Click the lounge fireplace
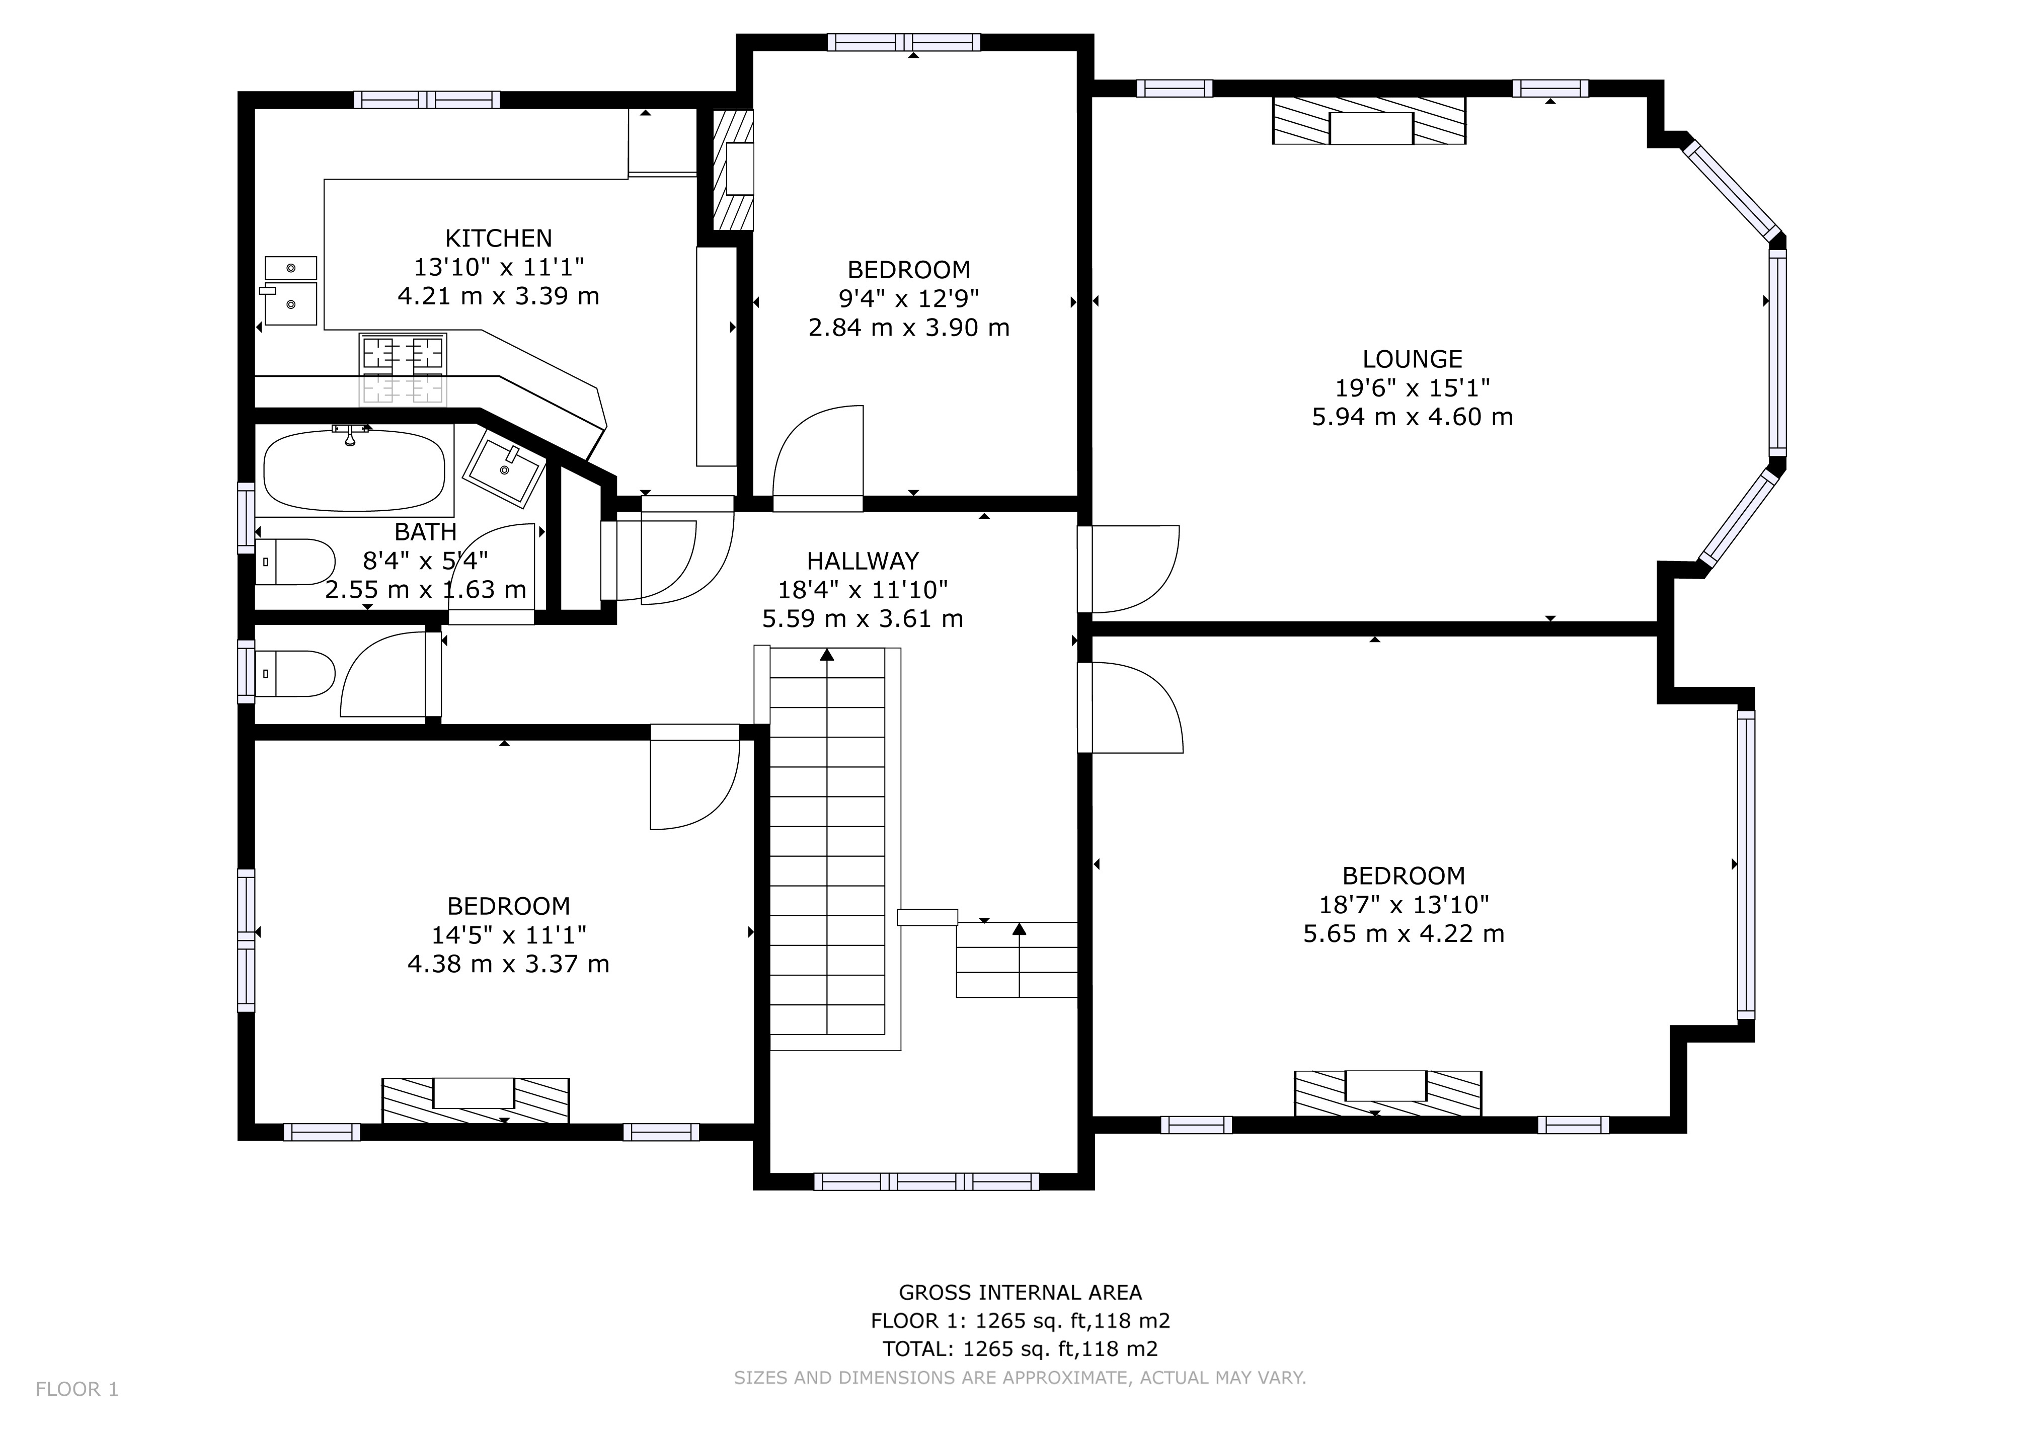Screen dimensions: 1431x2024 pyautogui.click(x=1369, y=121)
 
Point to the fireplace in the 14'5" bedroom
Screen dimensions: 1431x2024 pyautogui.click(x=475, y=1100)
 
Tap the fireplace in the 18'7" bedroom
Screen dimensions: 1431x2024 pyautogui.click(x=1386, y=1093)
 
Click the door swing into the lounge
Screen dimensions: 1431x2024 pyautogui.click(x=1133, y=569)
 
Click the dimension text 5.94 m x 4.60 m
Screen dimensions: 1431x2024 pyautogui.click(x=1412, y=417)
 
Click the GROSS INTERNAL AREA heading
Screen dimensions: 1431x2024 pyautogui.click(x=1020, y=1293)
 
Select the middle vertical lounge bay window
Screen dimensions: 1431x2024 pyautogui.click(x=1777, y=352)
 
